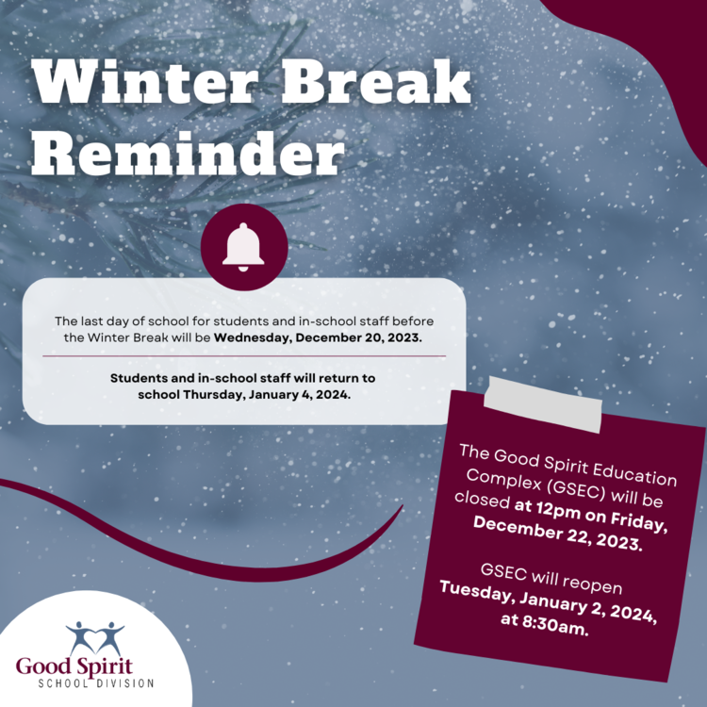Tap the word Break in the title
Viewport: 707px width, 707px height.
(375, 81)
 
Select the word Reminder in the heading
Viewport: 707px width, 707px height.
(188, 153)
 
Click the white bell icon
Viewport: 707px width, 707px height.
(243, 247)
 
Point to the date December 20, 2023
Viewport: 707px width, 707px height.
(359, 337)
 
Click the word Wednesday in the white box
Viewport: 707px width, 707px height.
(253, 337)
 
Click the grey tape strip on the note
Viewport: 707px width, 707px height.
(545, 404)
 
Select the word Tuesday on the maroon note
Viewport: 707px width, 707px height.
(476, 592)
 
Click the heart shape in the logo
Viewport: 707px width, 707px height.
(94, 634)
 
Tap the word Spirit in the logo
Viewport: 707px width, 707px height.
(104, 666)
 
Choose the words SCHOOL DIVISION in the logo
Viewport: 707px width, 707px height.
(96, 683)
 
